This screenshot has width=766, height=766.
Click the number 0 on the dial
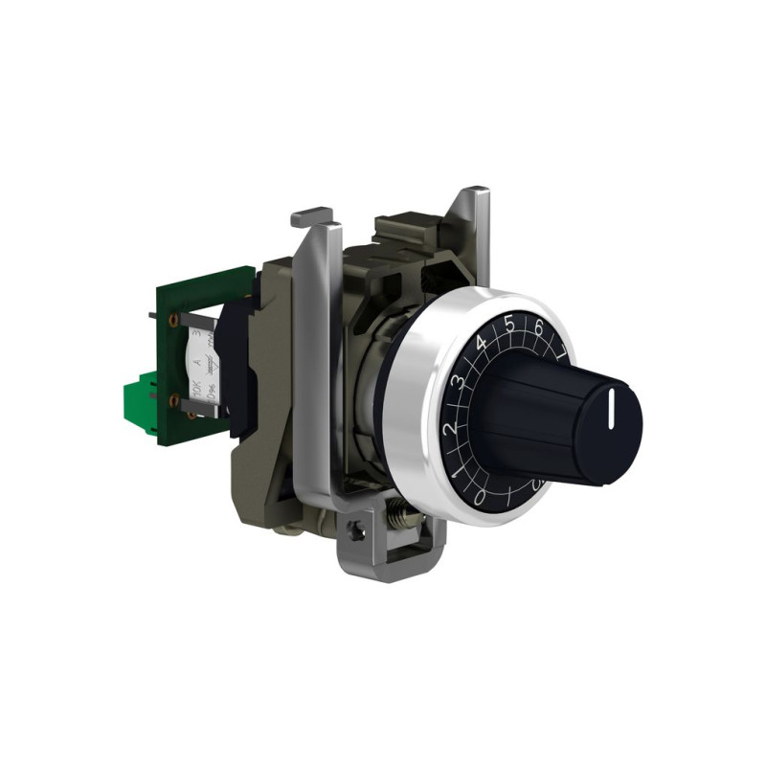pos(480,494)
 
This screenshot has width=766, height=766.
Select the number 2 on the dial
pos(449,428)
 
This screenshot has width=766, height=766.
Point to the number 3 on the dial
pos(459,382)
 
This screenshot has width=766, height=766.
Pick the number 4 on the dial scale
pos(481,343)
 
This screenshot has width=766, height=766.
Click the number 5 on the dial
pos(509,324)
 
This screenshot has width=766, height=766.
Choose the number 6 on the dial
pos(539,328)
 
